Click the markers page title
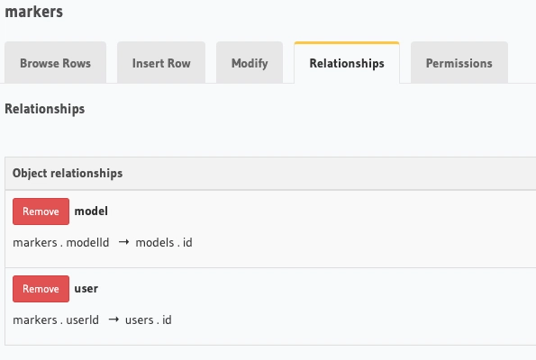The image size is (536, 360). coord(34,12)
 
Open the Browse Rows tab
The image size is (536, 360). coord(55,63)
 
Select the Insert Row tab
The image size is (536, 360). coord(161,63)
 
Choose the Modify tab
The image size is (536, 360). coord(250,63)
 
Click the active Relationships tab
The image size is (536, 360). coord(347,63)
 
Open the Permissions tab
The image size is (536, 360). coord(459,63)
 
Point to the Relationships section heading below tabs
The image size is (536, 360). coord(45,109)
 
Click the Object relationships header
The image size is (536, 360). coord(68,173)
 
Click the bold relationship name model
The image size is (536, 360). coord(91,211)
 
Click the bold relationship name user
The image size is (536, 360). coord(86,289)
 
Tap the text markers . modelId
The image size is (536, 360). coord(61,242)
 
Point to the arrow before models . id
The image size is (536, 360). coord(123,242)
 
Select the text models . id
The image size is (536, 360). coord(164,242)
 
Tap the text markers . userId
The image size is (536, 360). coord(56,320)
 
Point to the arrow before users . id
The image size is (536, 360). coord(114,319)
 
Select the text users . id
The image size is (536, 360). coord(149,320)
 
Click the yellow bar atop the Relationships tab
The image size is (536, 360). coord(347,43)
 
